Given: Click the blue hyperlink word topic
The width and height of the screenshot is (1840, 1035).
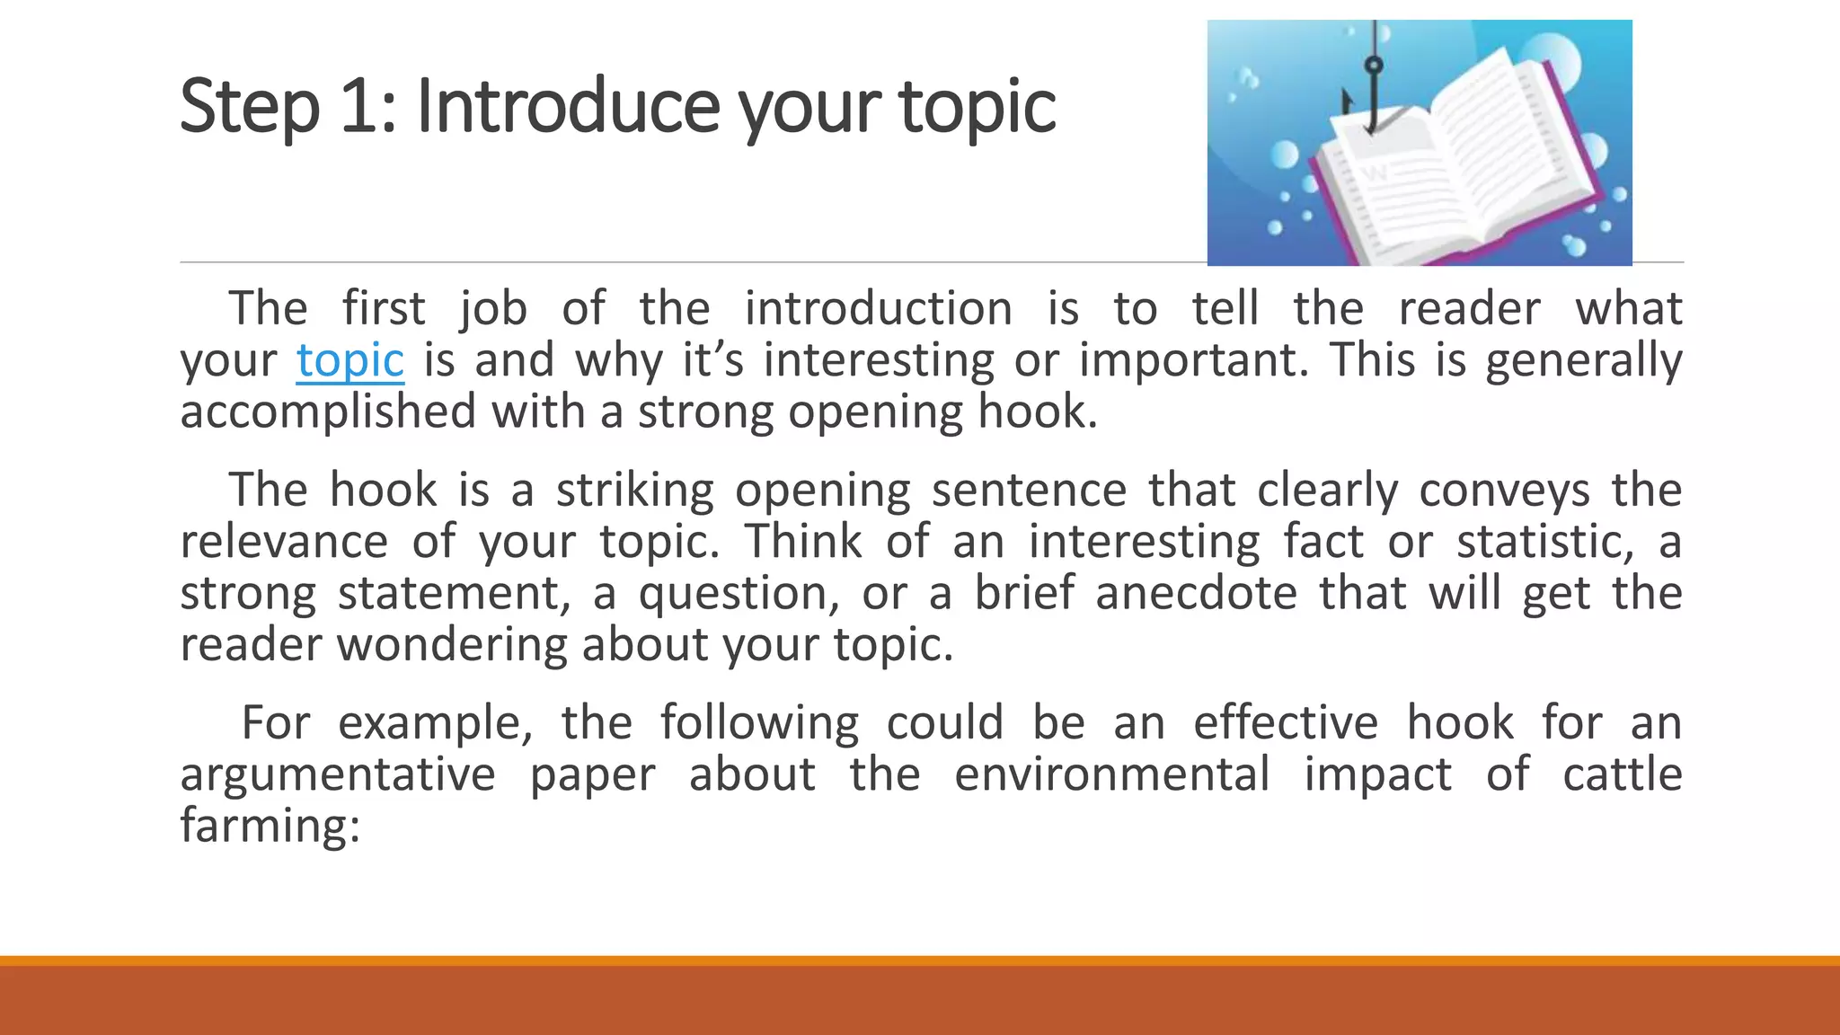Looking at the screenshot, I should click(349, 361).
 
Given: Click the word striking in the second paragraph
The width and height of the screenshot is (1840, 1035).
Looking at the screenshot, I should click(634, 491).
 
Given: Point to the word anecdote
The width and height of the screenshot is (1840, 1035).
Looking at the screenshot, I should click(1196, 594).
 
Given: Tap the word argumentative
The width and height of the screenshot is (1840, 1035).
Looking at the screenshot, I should click(337, 775).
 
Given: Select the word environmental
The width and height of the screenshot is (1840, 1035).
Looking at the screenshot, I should click(1111, 774).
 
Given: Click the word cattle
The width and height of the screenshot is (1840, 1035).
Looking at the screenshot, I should click(1622, 774).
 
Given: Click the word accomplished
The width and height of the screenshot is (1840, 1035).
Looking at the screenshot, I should click(328, 413).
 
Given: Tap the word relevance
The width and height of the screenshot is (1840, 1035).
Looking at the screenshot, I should click(284, 542).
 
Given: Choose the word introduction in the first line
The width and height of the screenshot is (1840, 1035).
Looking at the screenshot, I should click(878, 309).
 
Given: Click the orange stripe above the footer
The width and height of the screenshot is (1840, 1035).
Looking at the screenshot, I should click(920, 960).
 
